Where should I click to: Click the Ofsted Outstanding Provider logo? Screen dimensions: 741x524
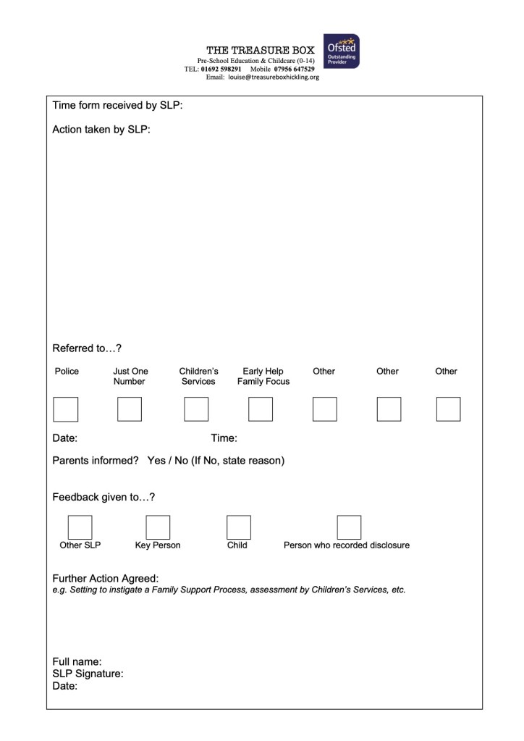pyautogui.click(x=342, y=51)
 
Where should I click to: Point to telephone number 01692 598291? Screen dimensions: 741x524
pyautogui.click(x=221, y=69)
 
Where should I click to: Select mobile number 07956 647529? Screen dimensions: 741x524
pyautogui.click(x=294, y=69)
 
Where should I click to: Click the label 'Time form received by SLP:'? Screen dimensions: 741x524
pyautogui.click(x=117, y=106)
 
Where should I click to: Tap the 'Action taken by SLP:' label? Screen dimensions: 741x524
pyautogui.click(x=101, y=130)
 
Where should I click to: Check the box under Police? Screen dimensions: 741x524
pyautogui.click(x=66, y=409)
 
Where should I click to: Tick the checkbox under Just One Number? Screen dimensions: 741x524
pyautogui.click(x=130, y=409)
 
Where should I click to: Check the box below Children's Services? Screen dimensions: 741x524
pyautogui.click(x=196, y=409)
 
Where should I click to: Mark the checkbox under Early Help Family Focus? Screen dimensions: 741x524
pyautogui.click(x=261, y=409)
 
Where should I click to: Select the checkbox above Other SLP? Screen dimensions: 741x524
pyautogui.click(x=80, y=527)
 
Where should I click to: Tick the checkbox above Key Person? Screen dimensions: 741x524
pyautogui.click(x=158, y=527)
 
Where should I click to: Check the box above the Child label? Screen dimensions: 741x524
pyautogui.click(x=239, y=527)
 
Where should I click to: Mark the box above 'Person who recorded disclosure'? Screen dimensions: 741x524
pyautogui.click(x=349, y=527)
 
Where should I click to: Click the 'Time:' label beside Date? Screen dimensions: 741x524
pyautogui.click(x=224, y=438)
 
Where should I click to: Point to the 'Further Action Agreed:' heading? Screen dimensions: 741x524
pyautogui.click(x=106, y=579)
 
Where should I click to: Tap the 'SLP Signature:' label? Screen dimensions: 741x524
pyautogui.click(x=88, y=674)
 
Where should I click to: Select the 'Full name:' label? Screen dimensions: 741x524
pyautogui.click(x=77, y=661)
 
